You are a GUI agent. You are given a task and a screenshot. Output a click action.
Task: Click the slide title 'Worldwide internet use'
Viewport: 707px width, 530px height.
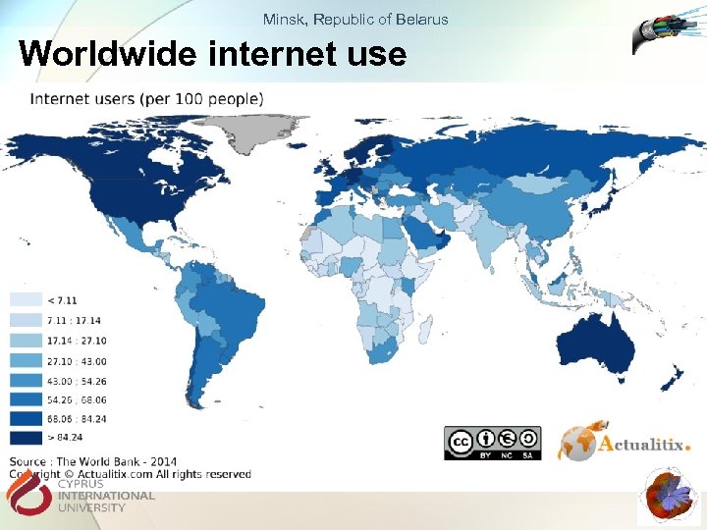pos(212,53)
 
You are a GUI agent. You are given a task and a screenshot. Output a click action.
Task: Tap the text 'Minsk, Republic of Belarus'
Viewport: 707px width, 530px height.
pos(355,19)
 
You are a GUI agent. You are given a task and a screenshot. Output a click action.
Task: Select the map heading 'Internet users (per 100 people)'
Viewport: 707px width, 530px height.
pos(146,98)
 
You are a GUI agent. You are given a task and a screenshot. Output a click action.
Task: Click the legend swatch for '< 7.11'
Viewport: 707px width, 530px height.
pos(26,299)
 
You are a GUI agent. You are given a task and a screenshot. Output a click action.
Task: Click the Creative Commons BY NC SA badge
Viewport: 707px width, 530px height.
pos(492,444)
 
